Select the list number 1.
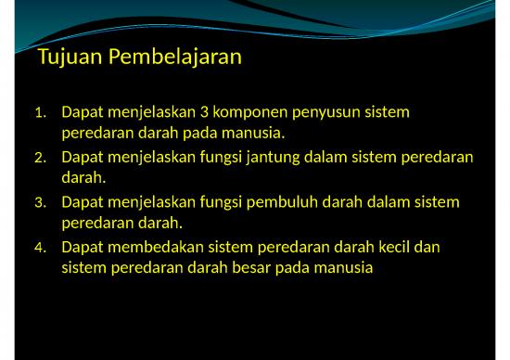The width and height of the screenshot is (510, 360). (x=39, y=113)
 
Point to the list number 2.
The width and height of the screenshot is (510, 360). (x=39, y=158)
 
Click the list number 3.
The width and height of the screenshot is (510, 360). (x=39, y=202)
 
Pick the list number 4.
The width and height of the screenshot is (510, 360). (x=39, y=248)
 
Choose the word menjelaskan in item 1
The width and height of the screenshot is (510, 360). (x=151, y=112)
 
